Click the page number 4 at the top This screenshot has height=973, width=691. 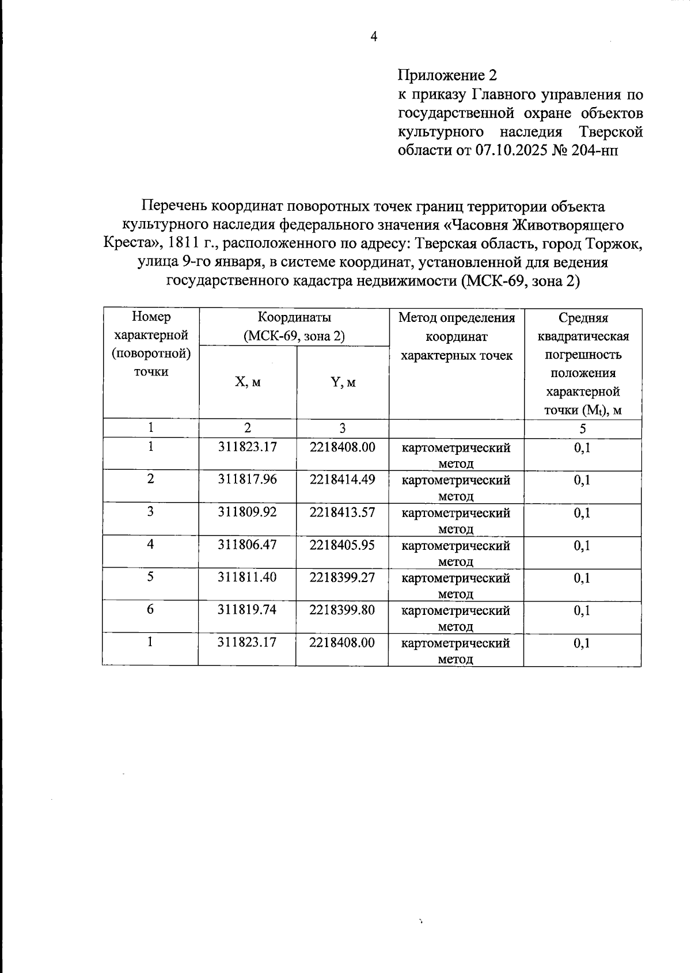pyautogui.click(x=374, y=37)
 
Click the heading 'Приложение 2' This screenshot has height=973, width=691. pyautogui.click(x=447, y=75)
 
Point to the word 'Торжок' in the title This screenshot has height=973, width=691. pyautogui.click(x=613, y=244)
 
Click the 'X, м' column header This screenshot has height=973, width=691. pyautogui.click(x=248, y=382)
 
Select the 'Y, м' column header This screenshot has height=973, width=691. pyautogui.click(x=343, y=382)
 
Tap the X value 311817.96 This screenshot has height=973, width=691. pyautogui.click(x=248, y=479)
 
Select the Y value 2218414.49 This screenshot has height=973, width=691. pyautogui.click(x=342, y=479)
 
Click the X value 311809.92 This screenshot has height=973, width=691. pyautogui.click(x=248, y=512)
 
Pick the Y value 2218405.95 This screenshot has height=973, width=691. pyautogui.click(x=342, y=544)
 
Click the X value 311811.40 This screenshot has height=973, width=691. pyautogui.click(x=248, y=577)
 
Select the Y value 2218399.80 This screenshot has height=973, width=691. pyautogui.click(x=342, y=609)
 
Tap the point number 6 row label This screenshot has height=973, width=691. pyautogui.click(x=150, y=609)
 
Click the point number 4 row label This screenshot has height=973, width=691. pyautogui.click(x=150, y=544)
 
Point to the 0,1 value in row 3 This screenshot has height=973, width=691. pyautogui.click(x=582, y=512)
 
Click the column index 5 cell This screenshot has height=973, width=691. pyautogui.click(x=583, y=428)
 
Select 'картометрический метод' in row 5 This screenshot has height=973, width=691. pyautogui.click(x=455, y=585)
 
